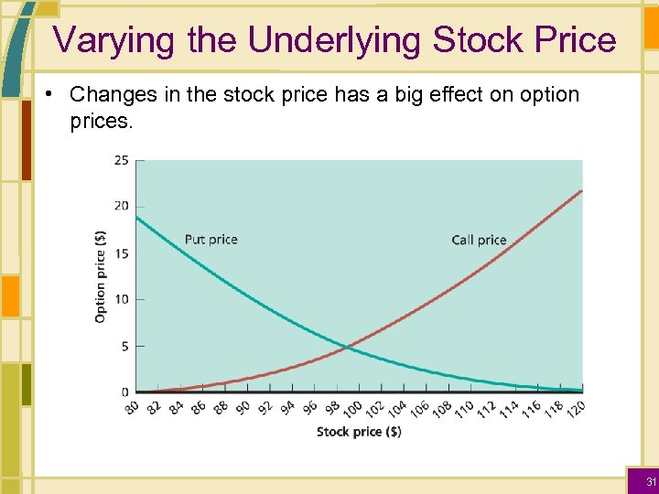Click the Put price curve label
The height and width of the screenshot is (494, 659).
[x=211, y=240]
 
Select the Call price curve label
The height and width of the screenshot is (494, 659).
[x=479, y=241]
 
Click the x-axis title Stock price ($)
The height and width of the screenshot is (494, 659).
[x=359, y=432]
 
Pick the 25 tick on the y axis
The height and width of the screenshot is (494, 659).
[x=121, y=161]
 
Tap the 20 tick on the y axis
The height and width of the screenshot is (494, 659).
[x=121, y=206]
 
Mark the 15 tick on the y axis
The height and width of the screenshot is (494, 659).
[x=121, y=253]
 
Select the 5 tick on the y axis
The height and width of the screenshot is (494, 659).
[x=124, y=347]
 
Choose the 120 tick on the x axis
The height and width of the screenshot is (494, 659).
[x=577, y=409]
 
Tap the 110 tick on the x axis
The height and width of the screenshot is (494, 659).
[x=465, y=409]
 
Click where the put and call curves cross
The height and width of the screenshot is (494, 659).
[x=347, y=347]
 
